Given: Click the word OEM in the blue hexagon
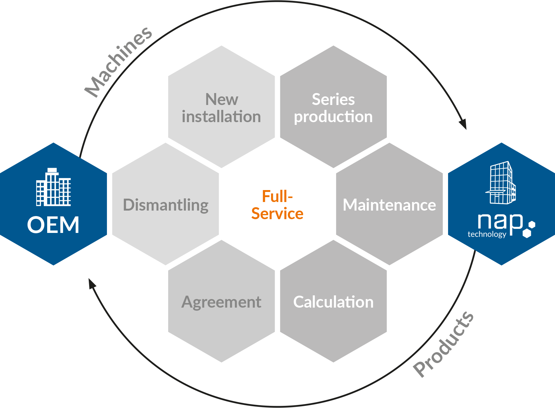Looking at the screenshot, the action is [53, 225].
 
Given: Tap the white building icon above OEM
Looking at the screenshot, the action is [54, 187].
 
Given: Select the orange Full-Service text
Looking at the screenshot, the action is [277, 205].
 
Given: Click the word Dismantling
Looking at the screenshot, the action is [166, 205].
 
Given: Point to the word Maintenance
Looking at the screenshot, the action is [389, 205].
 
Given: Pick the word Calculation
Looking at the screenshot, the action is [334, 302].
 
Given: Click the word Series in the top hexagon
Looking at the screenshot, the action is [333, 99].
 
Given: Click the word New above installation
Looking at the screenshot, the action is [222, 99].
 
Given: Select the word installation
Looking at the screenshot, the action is [221, 117].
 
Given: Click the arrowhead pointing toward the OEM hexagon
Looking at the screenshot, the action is [92, 283].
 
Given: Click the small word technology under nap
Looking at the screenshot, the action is [487, 234].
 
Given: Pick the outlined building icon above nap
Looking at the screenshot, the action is [500, 182].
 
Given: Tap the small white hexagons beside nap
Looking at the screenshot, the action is [529, 229].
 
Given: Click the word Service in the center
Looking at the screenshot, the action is [277, 213].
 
